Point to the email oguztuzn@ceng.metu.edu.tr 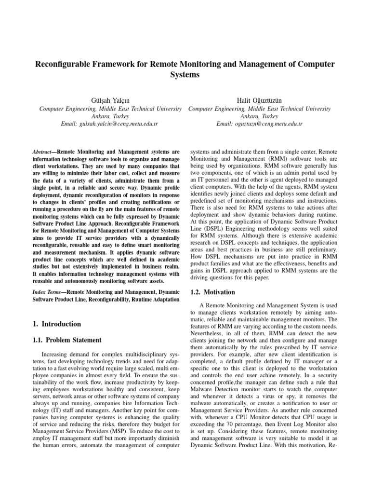pyautogui.click(x=259, y=124)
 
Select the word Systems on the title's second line pyautogui.click(x=185, y=75)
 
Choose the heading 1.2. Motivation pyautogui.click(x=204, y=292)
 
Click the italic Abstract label pyautogui.click(x=40, y=151)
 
